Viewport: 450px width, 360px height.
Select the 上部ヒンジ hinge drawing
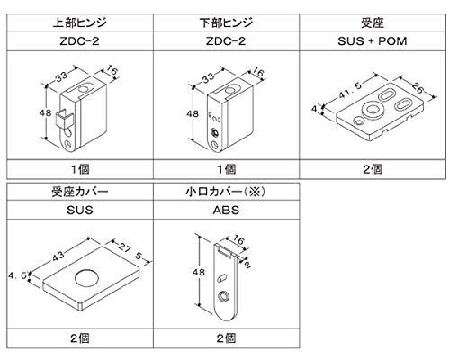tap(81, 112)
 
